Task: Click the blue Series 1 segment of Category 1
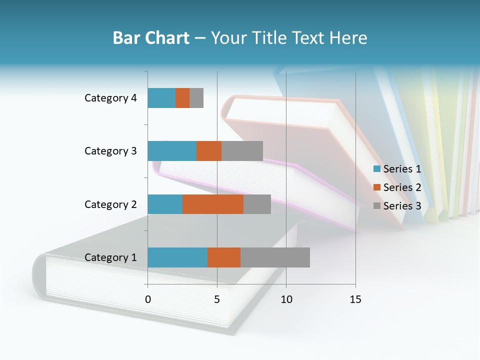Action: (x=177, y=257)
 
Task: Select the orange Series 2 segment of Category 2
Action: (x=213, y=204)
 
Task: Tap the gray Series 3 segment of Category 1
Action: (x=275, y=257)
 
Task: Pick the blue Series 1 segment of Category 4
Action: (x=161, y=98)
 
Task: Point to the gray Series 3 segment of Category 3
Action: (x=242, y=151)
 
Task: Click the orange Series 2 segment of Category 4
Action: (x=182, y=98)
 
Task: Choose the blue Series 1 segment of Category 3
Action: (x=172, y=151)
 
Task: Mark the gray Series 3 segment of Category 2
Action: (x=257, y=204)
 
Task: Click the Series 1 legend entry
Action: (x=397, y=169)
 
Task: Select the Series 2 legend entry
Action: (x=397, y=187)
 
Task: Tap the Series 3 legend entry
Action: (x=397, y=205)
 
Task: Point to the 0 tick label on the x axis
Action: (x=148, y=300)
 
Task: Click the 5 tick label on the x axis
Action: (x=217, y=300)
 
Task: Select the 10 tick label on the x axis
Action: (x=286, y=300)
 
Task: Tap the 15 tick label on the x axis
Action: (x=355, y=300)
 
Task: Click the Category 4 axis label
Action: (x=110, y=98)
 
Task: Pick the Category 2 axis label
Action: (x=110, y=204)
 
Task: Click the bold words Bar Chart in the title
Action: (x=151, y=38)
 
